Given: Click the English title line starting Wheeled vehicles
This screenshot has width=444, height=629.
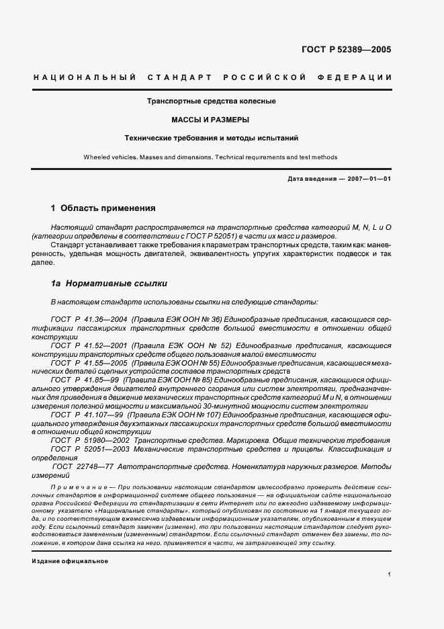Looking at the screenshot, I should tap(210, 157).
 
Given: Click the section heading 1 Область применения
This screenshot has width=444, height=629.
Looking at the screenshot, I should tap(103, 208).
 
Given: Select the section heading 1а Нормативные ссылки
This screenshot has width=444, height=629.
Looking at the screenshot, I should tap(105, 284).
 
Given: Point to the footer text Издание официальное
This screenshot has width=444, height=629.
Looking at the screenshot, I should tap(70, 560).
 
